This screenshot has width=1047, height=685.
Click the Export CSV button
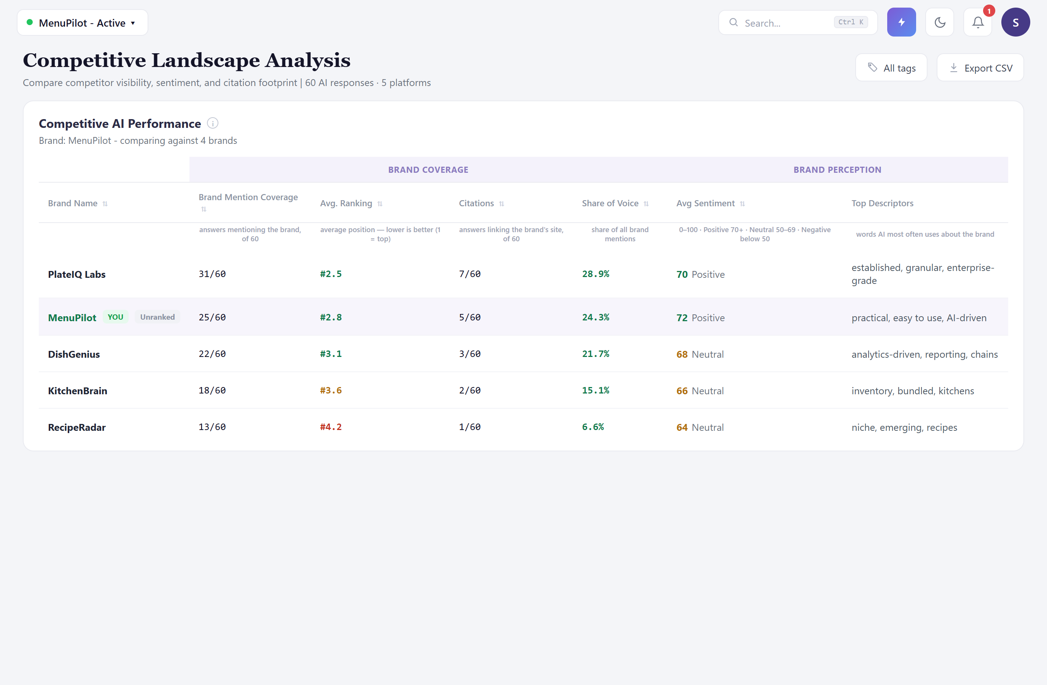point(980,68)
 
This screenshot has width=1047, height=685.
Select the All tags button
point(891,68)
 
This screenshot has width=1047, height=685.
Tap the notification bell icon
point(977,22)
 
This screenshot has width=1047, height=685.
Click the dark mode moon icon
point(940,22)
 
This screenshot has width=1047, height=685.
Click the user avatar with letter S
point(1015,22)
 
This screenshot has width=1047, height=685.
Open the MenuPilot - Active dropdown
point(83,23)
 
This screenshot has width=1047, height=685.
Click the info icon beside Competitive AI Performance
point(212,123)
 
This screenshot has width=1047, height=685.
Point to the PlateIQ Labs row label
point(76,274)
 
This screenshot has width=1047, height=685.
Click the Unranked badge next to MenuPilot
point(157,317)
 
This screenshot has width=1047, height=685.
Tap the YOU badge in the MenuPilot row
point(115,317)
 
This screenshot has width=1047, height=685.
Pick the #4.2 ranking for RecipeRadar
point(331,427)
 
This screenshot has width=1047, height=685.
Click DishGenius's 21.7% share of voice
point(596,354)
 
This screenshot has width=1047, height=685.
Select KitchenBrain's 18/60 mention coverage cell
point(212,390)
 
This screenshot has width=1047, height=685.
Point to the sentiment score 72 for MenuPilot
point(682,318)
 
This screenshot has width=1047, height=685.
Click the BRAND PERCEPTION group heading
point(837,170)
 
